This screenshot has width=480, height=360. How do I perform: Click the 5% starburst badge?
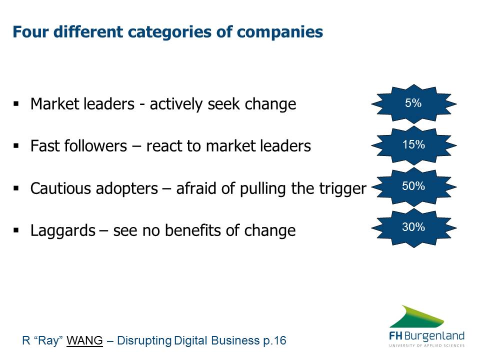tap(414, 104)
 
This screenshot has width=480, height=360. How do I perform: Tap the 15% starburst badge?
tap(414, 145)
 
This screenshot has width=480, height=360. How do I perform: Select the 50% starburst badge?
tap(414, 186)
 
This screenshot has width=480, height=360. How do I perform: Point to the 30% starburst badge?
tap(414, 228)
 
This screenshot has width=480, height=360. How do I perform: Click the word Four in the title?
tap(30, 32)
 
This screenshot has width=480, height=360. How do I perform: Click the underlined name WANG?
tap(84, 340)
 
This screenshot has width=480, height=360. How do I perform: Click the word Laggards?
tap(63, 230)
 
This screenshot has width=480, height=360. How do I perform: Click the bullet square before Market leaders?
tap(16, 104)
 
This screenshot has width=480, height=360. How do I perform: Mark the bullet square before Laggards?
tap(16, 230)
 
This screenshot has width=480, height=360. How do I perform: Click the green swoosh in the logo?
tap(417, 316)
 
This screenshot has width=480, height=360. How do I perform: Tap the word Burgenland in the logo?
tap(434, 336)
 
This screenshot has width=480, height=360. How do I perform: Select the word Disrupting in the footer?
tap(144, 340)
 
